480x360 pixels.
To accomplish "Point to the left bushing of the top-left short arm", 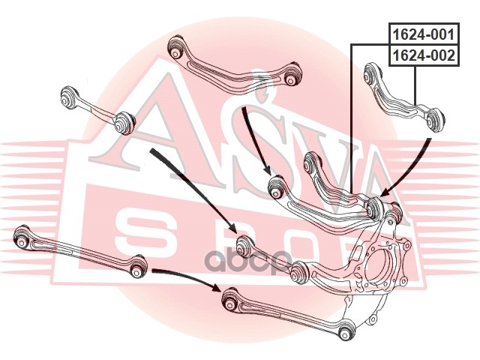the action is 70,97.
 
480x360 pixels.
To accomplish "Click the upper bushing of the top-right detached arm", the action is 370,73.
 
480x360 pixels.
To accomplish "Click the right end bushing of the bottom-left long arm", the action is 138,265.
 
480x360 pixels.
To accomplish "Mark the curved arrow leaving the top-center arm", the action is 255,142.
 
